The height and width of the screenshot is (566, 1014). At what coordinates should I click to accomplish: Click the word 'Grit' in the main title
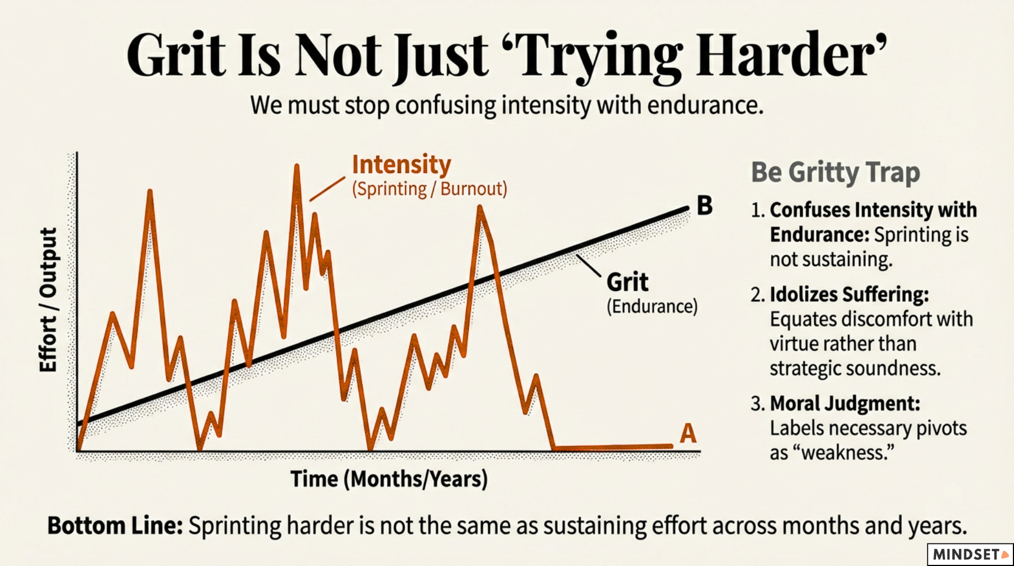[x=177, y=55]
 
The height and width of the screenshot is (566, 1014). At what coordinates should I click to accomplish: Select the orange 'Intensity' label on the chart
[x=401, y=165]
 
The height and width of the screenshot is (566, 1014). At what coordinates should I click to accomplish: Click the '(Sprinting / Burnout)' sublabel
[x=430, y=189]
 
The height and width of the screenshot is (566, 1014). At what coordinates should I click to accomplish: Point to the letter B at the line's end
[x=704, y=206]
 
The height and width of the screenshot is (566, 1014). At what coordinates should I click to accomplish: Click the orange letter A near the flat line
[x=687, y=433]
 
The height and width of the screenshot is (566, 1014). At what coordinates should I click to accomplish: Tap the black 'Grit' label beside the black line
[x=627, y=282]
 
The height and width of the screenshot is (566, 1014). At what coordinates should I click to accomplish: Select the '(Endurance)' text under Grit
[x=652, y=306]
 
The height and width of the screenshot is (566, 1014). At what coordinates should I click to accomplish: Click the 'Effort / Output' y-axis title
[x=49, y=300]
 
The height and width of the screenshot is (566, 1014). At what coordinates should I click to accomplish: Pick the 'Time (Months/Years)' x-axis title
[x=389, y=479]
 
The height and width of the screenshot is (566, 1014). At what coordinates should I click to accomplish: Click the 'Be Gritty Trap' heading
[x=835, y=172]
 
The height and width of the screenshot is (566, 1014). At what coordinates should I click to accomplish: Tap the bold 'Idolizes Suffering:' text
[x=849, y=295]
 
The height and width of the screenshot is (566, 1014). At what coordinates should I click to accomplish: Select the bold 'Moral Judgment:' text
[x=844, y=403]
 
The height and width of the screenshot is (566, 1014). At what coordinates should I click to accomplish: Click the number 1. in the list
[x=757, y=211]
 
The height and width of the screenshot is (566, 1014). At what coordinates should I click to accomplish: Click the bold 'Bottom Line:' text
[x=115, y=526]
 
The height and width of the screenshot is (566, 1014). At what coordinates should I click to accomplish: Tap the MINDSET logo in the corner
[x=970, y=554]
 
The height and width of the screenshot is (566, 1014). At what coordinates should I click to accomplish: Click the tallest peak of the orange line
[x=297, y=166]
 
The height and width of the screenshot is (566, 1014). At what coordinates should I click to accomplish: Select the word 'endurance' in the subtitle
[x=705, y=105]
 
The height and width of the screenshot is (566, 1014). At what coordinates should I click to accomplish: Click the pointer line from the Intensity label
[x=327, y=189]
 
